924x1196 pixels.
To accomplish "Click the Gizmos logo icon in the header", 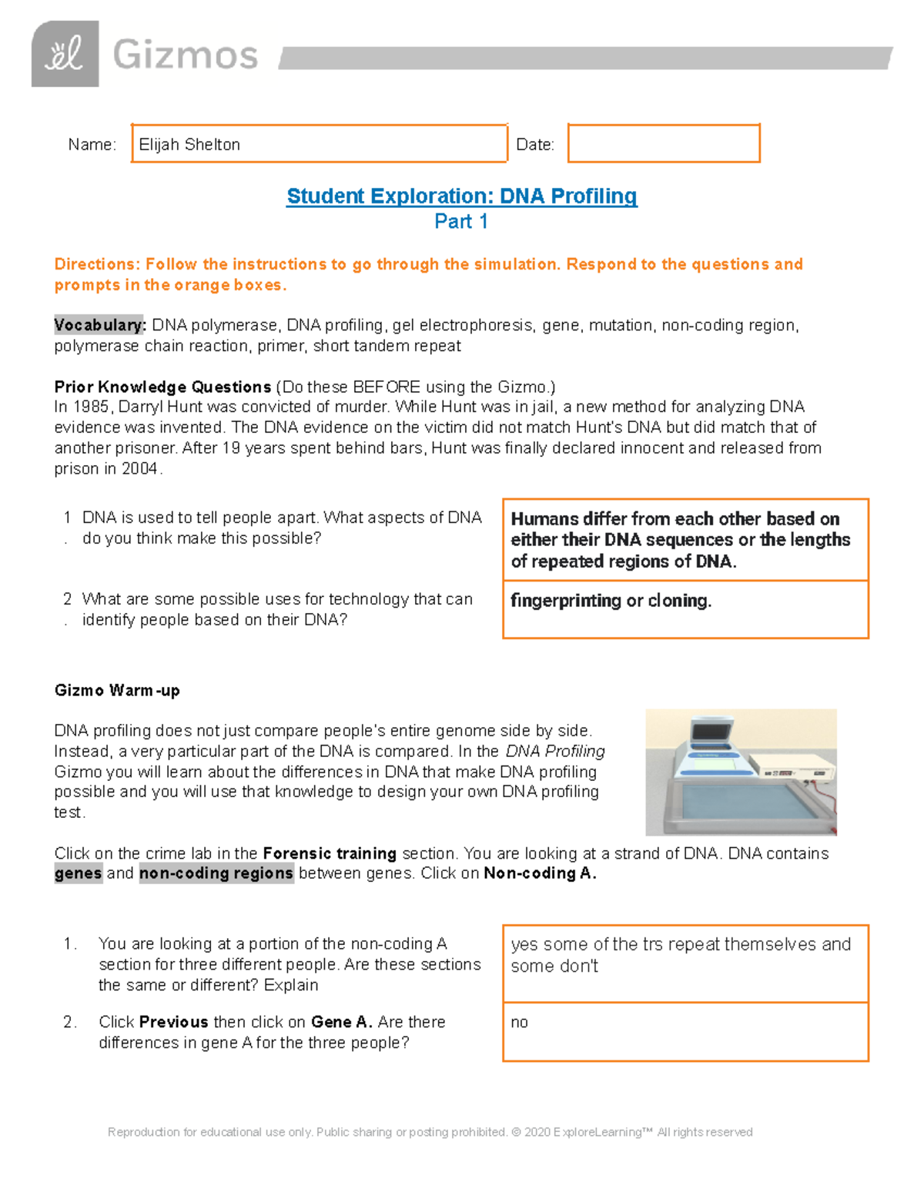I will click(65, 54).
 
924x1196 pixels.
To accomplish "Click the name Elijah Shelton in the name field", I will click(189, 145).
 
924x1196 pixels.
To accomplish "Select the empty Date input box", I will click(664, 143).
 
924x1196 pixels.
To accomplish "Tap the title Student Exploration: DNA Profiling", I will click(461, 196).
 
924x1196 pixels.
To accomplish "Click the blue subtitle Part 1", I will click(461, 222).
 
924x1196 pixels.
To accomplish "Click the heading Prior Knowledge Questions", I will click(162, 387).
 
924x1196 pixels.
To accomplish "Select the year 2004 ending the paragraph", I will click(139, 468).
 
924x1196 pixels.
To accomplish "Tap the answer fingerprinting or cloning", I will click(611, 601).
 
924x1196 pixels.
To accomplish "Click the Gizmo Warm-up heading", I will click(117, 690).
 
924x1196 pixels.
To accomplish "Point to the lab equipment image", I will click(741, 772).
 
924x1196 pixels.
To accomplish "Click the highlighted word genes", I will click(78, 873).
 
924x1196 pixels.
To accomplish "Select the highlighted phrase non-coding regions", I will click(216, 873).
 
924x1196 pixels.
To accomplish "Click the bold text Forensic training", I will click(330, 853).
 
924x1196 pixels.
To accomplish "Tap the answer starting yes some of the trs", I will click(681, 955).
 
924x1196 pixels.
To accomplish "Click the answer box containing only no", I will click(685, 1032).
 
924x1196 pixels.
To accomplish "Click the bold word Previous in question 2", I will click(174, 1022).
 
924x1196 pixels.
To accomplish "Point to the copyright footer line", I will click(430, 1132).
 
